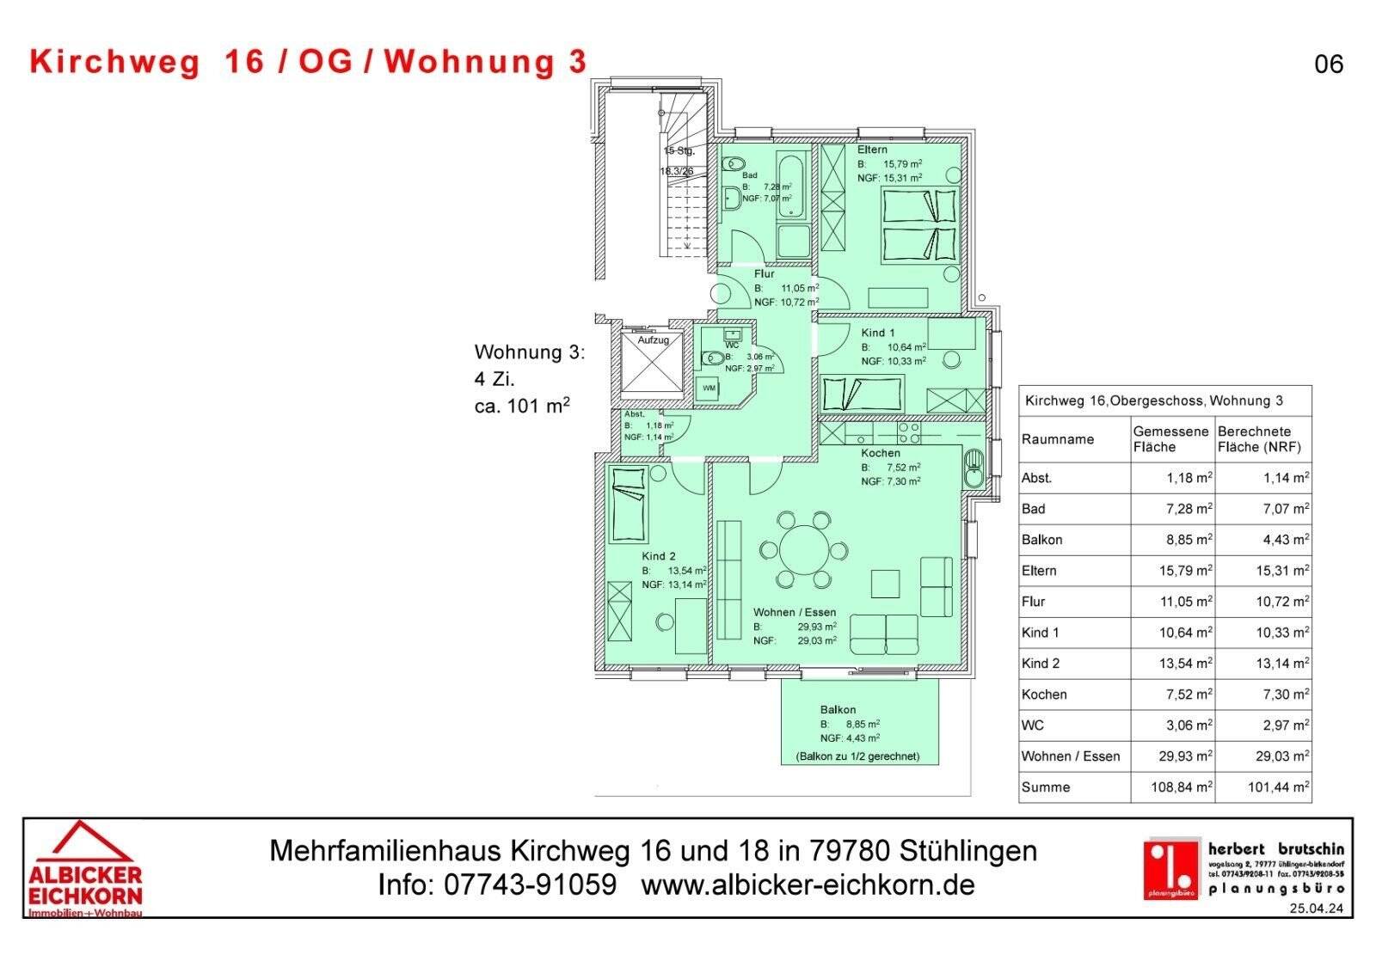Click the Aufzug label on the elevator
point(653,340)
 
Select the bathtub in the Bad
point(792,187)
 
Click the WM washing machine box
point(709,389)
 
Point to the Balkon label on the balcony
point(838,709)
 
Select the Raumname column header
point(1058,439)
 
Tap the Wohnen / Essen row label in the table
point(1071,756)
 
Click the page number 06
point(1329,64)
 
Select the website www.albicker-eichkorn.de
point(808,884)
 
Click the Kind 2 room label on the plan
point(658,556)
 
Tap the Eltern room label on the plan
point(872,150)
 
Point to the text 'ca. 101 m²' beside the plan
point(522,407)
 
